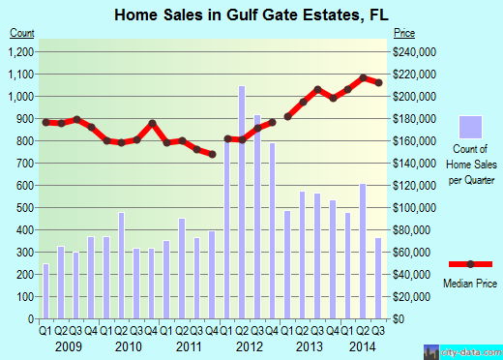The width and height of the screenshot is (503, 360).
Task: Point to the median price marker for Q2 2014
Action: (x=364, y=77)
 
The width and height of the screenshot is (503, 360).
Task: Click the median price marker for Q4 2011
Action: (x=212, y=154)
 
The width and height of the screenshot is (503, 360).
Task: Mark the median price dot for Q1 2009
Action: (x=45, y=122)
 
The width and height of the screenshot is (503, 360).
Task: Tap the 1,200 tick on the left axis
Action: (x=21, y=52)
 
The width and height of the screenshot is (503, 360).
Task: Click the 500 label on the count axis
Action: (x=24, y=207)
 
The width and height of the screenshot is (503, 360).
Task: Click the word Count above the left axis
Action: (x=23, y=33)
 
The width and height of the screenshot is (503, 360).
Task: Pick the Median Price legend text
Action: (x=470, y=283)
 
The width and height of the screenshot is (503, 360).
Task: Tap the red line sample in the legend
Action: (x=470, y=263)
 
